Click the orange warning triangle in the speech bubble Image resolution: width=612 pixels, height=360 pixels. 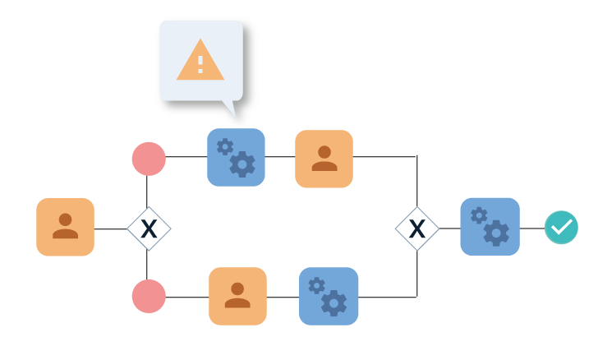point(200,60)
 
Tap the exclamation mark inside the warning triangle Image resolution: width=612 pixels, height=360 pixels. point(200,64)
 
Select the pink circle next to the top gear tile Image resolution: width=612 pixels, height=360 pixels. point(149,159)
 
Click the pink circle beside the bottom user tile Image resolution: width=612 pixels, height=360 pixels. point(149,296)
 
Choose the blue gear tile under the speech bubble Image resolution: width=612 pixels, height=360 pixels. point(236,157)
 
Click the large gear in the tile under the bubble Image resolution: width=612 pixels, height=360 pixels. point(242,164)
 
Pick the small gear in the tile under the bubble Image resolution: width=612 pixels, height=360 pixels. point(224,147)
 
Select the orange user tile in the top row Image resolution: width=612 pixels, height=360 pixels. point(324,159)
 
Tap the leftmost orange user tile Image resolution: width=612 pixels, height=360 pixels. point(65,227)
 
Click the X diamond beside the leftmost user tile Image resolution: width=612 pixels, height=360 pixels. point(149,228)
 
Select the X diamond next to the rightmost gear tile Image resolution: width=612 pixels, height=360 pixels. point(417,228)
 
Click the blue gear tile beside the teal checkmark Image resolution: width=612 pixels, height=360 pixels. point(490,226)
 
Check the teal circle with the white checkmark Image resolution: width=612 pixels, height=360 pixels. point(561,227)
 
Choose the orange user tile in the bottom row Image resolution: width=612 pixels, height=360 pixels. point(237,296)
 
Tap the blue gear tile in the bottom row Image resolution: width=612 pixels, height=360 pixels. point(329,296)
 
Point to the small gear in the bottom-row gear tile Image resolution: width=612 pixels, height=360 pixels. point(316,285)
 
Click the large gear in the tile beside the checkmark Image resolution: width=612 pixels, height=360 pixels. point(496,233)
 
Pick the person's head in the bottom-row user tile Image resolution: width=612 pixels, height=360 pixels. point(237,289)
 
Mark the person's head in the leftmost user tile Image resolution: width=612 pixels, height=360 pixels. point(65,220)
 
